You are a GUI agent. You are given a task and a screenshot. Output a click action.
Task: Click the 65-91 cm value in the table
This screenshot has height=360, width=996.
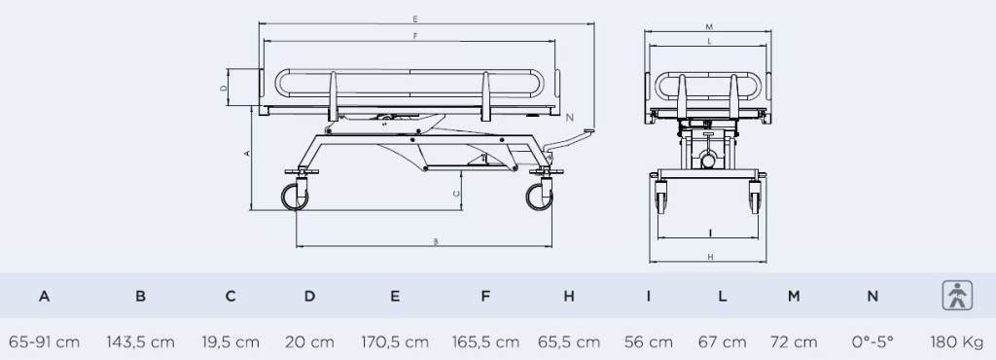45,342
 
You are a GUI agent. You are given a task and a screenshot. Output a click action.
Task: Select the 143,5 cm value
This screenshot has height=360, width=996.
140,342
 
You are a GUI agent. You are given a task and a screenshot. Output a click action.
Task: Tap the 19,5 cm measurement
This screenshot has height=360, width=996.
231,342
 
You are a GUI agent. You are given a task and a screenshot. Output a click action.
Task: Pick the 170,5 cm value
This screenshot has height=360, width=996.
395,342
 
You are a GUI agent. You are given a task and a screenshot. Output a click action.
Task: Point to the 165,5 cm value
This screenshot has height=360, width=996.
485,342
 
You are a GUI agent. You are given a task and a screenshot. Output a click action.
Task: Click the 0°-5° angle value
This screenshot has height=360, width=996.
872,342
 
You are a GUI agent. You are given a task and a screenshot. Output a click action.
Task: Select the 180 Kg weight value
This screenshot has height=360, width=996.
957,342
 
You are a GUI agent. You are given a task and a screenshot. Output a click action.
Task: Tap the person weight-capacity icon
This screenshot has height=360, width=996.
957,295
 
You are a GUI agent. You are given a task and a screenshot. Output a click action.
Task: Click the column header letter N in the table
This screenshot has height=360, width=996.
872,296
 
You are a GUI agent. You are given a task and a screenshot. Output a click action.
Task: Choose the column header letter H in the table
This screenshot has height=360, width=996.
568,296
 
